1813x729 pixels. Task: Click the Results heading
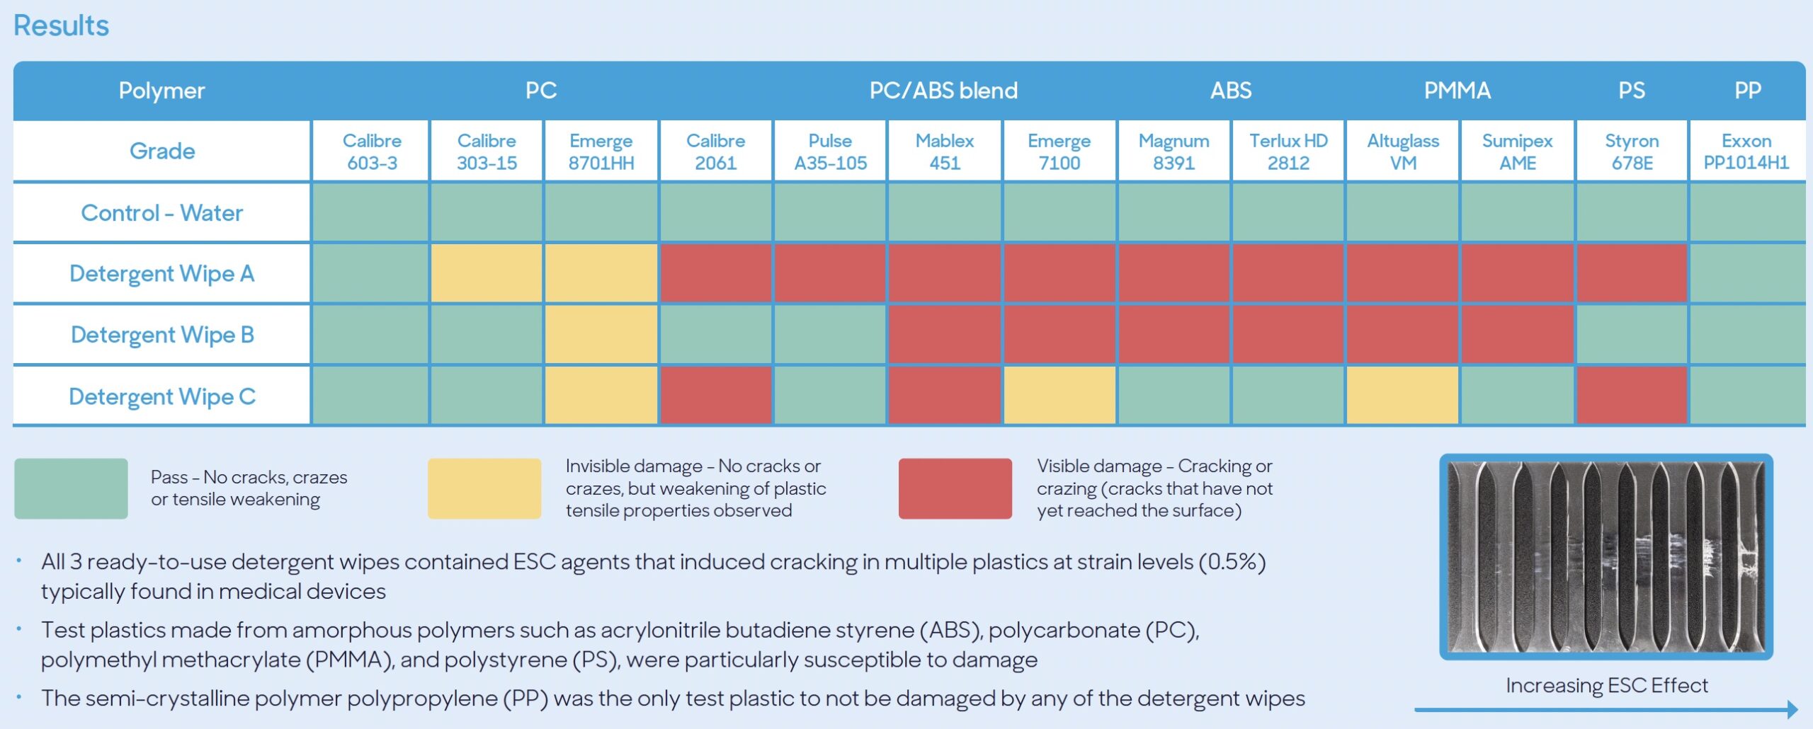coord(61,26)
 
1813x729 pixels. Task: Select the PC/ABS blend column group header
coord(943,91)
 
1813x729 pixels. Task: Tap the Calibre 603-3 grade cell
coord(371,151)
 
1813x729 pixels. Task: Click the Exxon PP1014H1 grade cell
coord(1746,151)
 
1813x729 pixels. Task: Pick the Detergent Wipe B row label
coord(162,335)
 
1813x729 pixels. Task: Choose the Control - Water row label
coord(162,213)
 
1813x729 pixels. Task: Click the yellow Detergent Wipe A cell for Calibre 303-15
coord(486,274)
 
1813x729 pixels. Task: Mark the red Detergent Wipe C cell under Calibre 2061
coord(715,396)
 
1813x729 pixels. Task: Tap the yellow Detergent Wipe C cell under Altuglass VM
coord(1402,396)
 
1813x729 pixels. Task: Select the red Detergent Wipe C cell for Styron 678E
coord(1632,396)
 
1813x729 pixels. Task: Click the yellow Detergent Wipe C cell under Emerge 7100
coord(1059,396)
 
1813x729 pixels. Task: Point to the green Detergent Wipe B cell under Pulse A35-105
coord(830,335)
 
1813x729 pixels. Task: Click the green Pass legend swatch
coord(71,488)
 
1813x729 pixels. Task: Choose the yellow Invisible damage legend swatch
coord(484,488)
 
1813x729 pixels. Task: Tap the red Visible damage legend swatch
coord(955,488)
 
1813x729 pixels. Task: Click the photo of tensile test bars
coord(1605,557)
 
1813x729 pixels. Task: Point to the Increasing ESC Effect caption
coord(1606,685)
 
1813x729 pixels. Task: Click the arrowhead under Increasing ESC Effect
coord(1792,709)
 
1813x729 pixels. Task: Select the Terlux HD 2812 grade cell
coord(1288,151)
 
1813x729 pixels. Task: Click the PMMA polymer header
coord(1457,91)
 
